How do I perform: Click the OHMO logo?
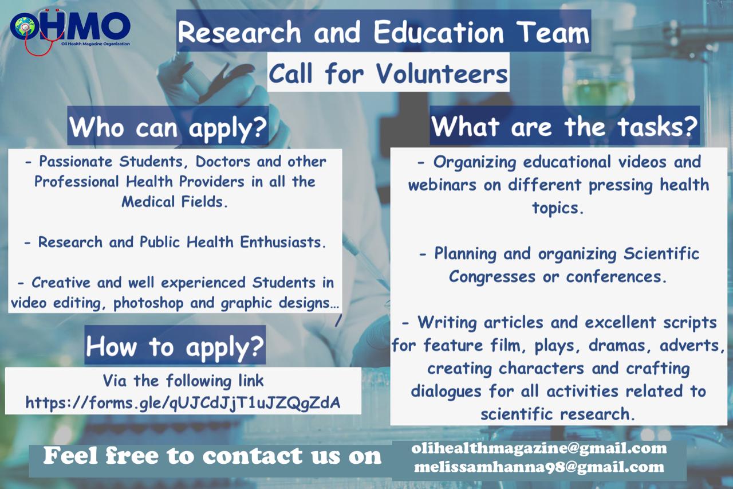70,30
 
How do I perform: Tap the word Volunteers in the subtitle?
442,73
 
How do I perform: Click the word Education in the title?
439,32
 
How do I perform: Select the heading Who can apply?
168,127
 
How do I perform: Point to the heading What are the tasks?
565,127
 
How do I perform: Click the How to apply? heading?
175,346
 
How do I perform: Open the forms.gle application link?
183,402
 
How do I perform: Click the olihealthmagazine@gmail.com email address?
539,448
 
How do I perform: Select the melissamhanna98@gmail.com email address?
539,467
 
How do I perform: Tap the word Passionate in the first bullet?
76,162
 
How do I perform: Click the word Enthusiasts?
283,242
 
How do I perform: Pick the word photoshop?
148,303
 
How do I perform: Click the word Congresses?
492,277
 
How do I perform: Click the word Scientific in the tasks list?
661,253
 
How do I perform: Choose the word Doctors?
223,162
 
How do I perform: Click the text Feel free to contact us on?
212,456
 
